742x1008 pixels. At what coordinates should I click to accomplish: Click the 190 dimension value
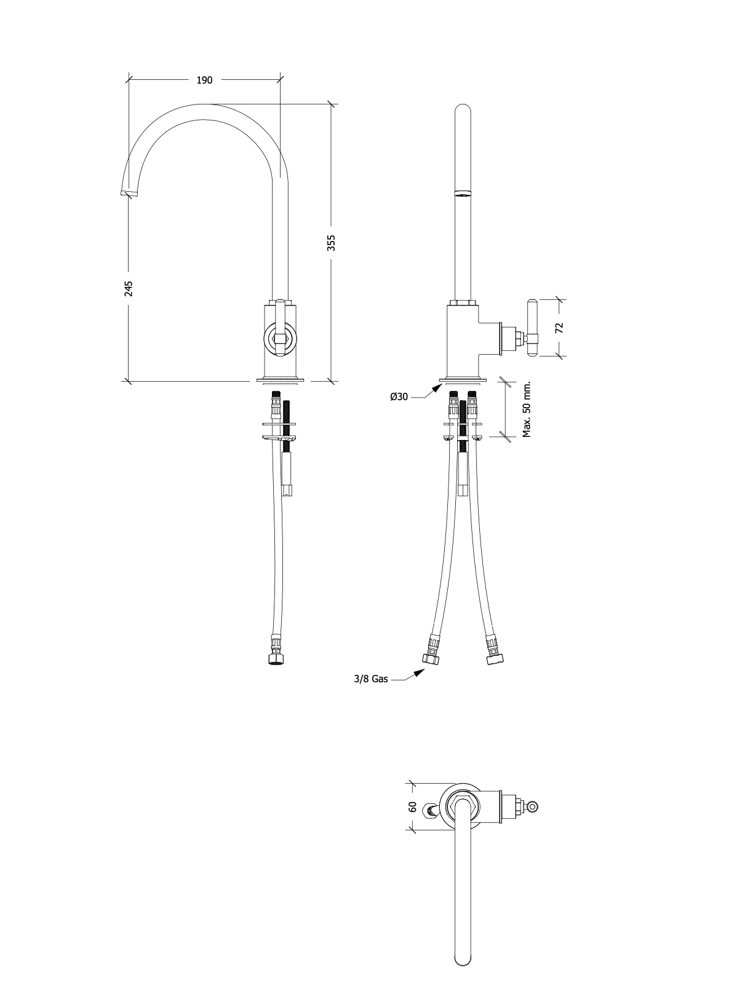204,80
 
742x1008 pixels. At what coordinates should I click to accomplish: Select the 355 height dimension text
331,243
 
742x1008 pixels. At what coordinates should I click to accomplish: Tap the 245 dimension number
129,288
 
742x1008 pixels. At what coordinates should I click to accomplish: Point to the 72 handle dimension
559,328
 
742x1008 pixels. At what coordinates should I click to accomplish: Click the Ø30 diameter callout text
399,396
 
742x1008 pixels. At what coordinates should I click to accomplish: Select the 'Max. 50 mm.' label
527,409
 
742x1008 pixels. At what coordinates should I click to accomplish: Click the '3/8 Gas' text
371,691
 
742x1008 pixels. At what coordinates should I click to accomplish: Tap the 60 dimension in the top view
413,806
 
